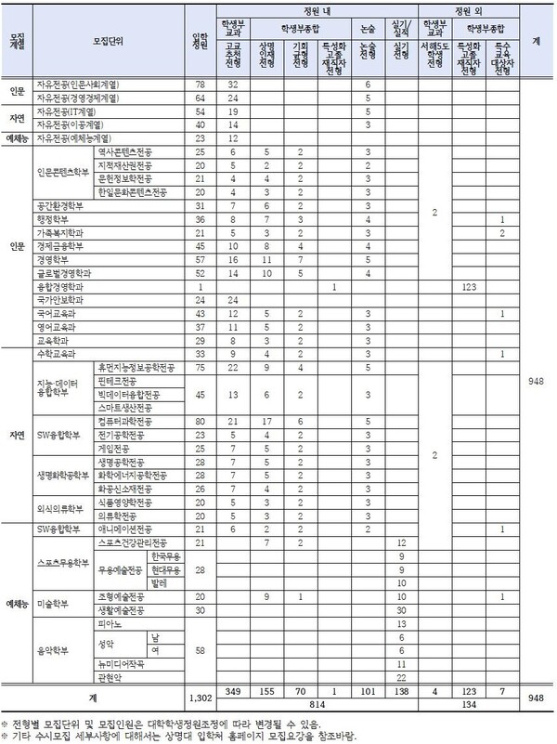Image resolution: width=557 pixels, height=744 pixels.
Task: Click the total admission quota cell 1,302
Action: coord(199,696)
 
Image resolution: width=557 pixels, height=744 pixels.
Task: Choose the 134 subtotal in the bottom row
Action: coord(468,703)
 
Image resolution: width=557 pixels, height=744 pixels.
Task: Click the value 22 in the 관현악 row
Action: coord(401,677)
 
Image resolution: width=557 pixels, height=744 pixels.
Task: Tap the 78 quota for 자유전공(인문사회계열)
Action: coord(199,85)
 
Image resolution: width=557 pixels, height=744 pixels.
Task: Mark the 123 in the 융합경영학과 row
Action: coord(468,288)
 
